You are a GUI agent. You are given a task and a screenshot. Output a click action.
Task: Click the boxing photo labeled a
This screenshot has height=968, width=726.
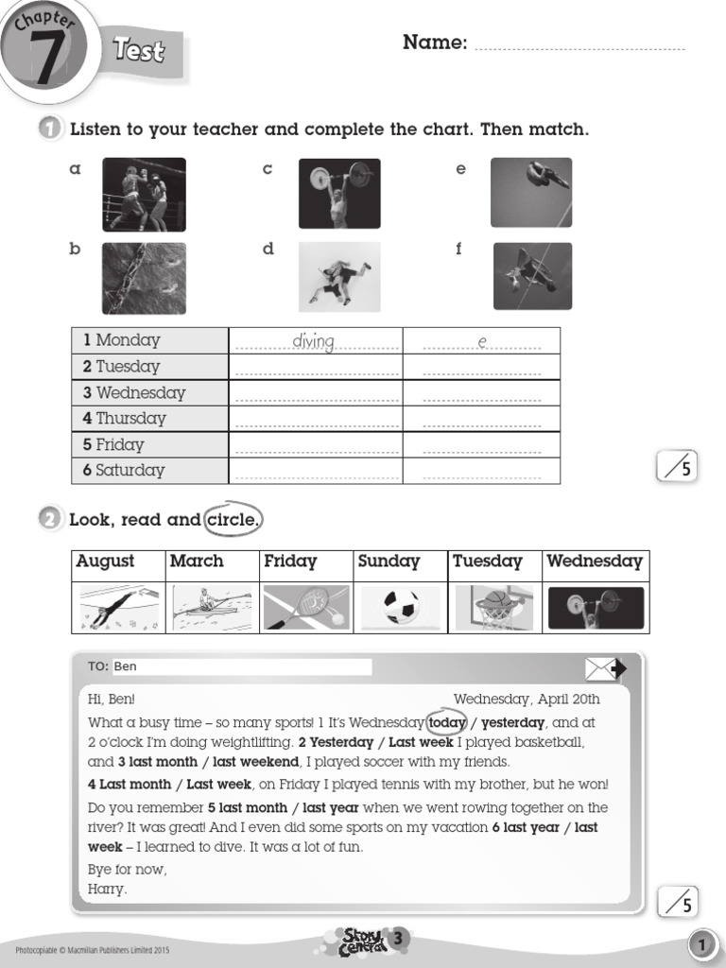144,195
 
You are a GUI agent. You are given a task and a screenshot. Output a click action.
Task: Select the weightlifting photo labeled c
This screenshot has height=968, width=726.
339,194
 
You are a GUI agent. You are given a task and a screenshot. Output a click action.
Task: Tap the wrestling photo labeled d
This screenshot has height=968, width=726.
339,276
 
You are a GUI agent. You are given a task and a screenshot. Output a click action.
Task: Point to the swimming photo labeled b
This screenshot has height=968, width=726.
144,277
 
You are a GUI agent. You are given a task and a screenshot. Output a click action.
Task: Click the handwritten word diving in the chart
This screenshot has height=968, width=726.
314,341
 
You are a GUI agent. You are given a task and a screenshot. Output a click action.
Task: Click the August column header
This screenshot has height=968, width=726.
106,562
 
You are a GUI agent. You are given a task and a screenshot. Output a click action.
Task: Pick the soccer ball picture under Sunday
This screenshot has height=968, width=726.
401,607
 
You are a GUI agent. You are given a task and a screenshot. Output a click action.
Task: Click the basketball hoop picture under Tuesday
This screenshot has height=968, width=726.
494,607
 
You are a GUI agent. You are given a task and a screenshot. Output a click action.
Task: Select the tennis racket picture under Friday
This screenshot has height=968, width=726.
306,607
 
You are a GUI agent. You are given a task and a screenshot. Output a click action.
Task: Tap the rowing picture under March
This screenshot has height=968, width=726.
212,607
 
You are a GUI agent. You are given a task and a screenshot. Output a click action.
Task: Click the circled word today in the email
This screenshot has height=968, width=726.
447,723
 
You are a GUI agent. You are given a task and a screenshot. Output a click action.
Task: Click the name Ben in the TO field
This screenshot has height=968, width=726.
126,666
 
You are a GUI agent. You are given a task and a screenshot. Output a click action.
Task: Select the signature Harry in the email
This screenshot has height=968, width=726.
107,889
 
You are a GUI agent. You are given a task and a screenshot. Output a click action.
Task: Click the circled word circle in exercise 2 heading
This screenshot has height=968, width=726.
231,520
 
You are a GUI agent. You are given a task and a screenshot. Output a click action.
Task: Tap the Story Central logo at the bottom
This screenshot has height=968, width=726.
363,942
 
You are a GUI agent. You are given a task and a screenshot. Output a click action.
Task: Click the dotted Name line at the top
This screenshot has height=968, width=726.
579,43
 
